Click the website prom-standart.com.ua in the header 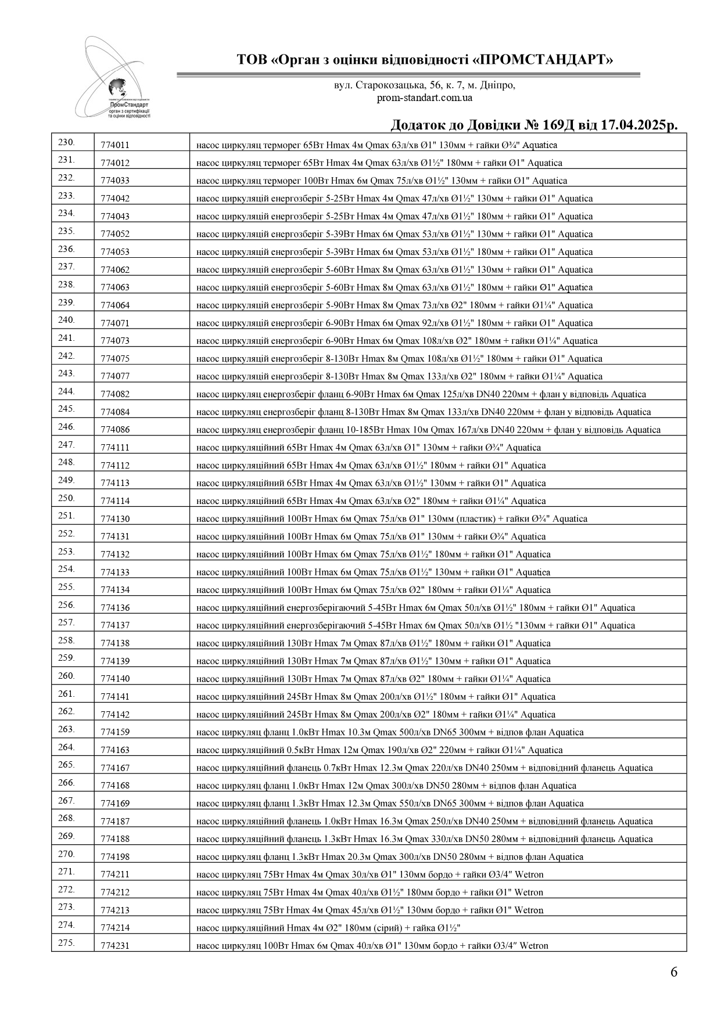point(424,98)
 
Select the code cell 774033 point(115,181)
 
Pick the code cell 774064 point(115,305)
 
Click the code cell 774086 point(115,430)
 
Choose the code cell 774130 point(115,519)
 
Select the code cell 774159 point(115,732)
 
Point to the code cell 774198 point(115,857)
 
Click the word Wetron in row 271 point(529,874)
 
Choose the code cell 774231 point(115,946)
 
